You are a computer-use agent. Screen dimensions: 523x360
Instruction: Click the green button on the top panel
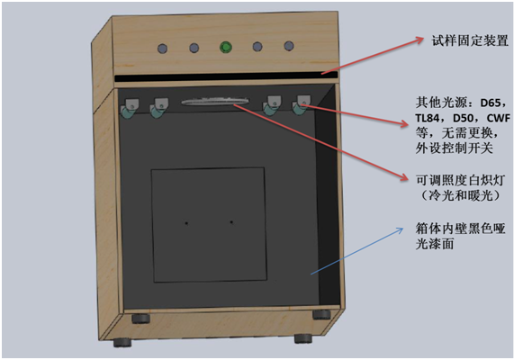pos(226,48)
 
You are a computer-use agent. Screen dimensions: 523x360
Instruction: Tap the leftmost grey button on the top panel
pos(162,49)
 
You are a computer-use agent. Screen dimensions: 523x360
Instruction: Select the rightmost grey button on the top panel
pos(289,46)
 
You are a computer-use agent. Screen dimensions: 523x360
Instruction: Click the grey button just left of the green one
pos(194,48)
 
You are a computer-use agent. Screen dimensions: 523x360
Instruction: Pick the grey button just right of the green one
pos(257,46)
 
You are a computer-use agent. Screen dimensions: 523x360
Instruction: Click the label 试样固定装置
pos(470,40)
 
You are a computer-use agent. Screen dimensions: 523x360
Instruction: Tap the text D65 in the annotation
pos(491,103)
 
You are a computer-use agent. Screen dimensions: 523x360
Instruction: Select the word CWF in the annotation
pos(499,118)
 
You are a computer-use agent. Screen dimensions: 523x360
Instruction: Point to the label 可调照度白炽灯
pos(460,180)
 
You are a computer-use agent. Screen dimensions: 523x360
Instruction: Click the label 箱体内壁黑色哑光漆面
pos(460,236)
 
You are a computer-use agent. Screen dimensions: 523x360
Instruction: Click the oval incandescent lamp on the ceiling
pos(215,102)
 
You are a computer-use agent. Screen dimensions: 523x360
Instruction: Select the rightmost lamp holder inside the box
pos(301,105)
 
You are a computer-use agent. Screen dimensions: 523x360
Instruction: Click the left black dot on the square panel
pos(186,223)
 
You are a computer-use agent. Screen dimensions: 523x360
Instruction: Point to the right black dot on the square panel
pos(231,222)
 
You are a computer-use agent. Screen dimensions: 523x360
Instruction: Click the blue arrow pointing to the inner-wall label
pos(356,251)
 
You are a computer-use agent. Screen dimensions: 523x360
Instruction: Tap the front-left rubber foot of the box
pos(122,342)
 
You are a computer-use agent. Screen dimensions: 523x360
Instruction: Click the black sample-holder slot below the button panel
pos(226,76)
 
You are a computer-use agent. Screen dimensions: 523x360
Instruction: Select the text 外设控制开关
pos(455,148)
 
